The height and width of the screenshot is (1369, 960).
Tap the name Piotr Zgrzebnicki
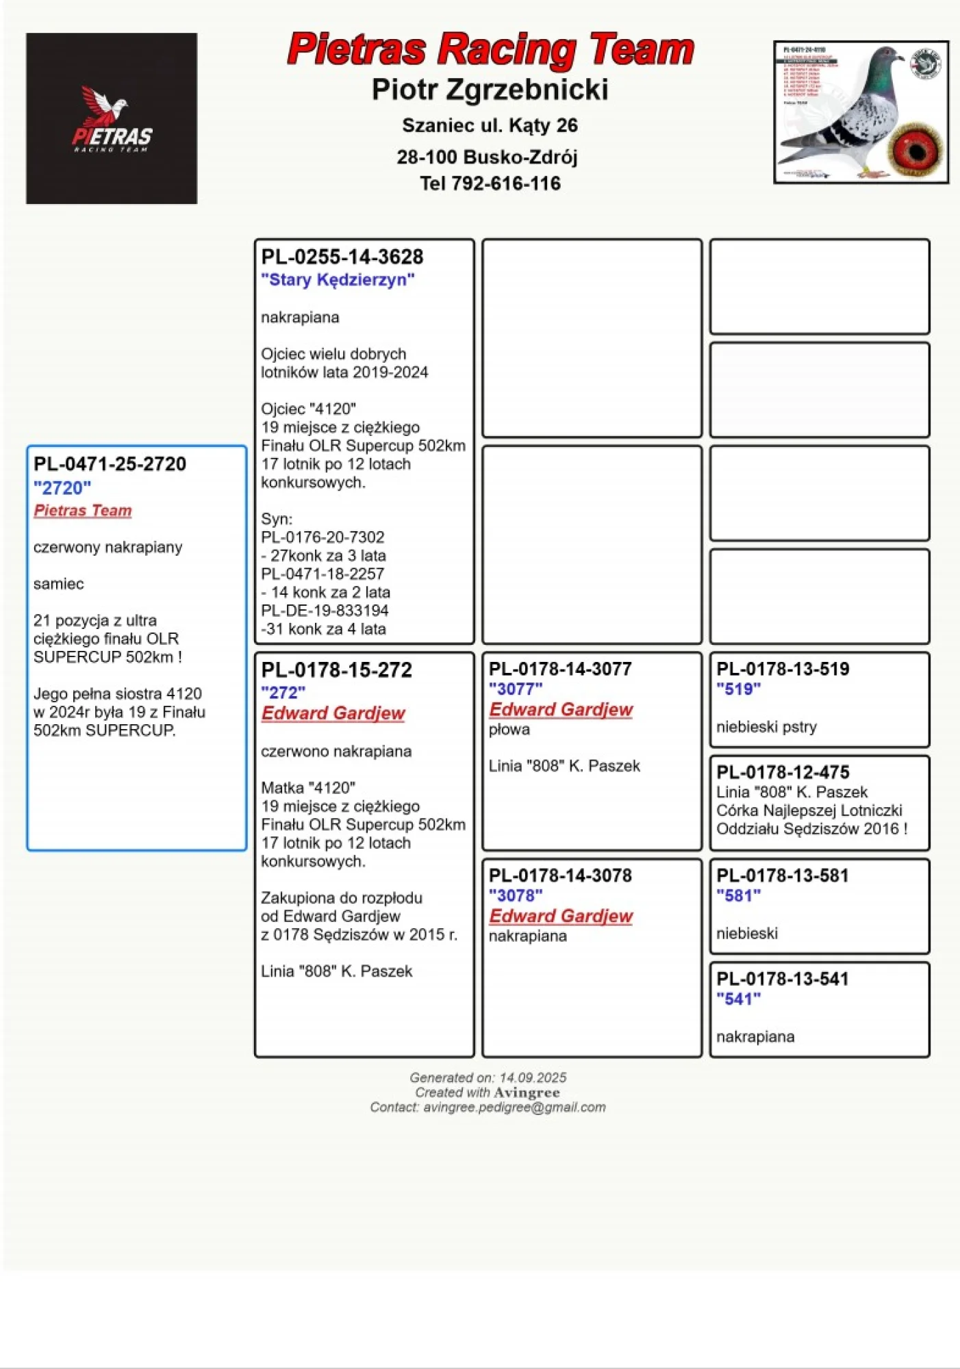click(x=490, y=90)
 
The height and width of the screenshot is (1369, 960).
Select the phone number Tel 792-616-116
click(x=490, y=183)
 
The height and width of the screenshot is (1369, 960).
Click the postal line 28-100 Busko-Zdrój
click(x=487, y=157)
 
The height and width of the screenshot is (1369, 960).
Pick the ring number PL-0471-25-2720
click(x=110, y=464)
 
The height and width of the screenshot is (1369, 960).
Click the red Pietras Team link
click(x=82, y=511)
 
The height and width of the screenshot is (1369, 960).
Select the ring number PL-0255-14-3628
click(x=342, y=257)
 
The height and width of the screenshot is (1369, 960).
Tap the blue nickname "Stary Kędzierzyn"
click(x=338, y=280)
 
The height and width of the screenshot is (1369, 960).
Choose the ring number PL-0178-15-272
click(x=336, y=670)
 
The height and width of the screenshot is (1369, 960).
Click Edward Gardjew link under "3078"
click(x=561, y=916)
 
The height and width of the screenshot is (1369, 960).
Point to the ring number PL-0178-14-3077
click(x=560, y=669)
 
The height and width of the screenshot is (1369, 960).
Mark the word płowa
click(x=509, y=730)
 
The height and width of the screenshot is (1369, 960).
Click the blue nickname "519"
click(x=738, y=689)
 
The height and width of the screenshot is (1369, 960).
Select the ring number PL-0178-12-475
click(x=783, y=773)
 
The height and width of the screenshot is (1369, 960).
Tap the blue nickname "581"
click(x=738, y=896)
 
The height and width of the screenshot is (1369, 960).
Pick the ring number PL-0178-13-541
click(x=783, y=980)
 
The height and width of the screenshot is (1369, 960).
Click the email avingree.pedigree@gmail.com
click(x=514, y=1108)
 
